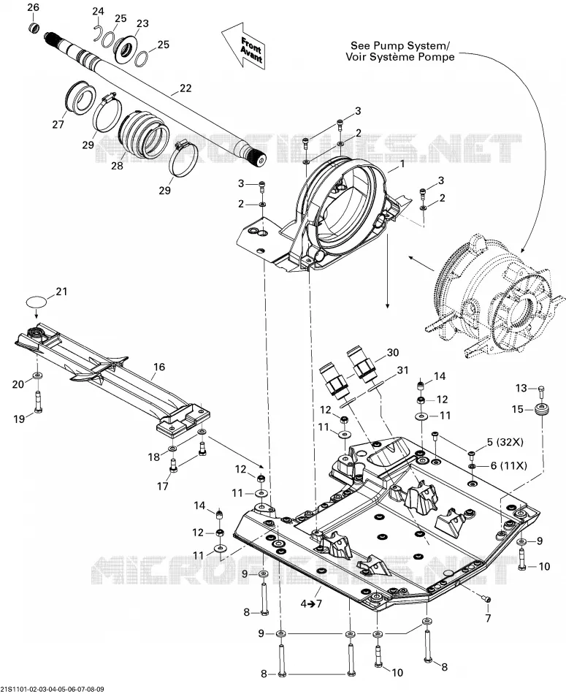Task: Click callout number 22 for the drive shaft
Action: (186, 88)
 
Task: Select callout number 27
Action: (58, 124)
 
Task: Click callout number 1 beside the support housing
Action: (402, 164)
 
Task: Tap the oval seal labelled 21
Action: (37, 302)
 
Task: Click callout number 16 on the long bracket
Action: (159, 367)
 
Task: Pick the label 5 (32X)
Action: (505, 441)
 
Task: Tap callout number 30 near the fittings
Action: (392, 352)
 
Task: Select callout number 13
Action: (521, 388)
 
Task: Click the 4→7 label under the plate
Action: (312, 603)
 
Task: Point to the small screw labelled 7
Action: (487, 598)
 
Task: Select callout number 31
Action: (402, 370)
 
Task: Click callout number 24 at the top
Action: (98, 11)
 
